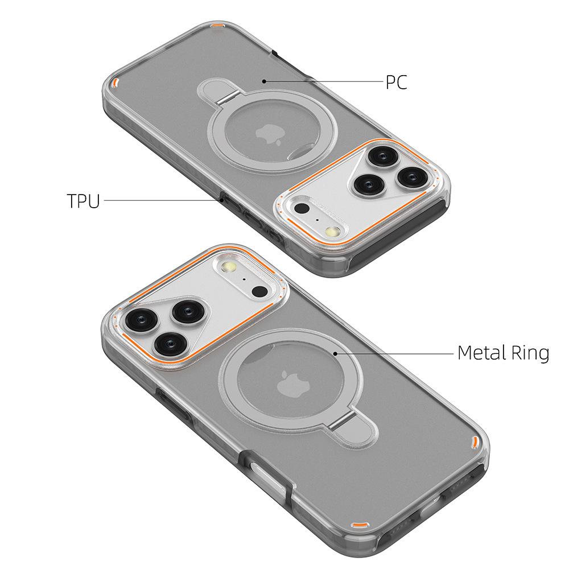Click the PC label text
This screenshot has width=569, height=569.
tap(397, 83)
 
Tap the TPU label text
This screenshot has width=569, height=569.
tap(83, 201)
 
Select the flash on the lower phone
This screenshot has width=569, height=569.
tap(230, 266)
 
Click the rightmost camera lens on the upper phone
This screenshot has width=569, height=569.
tap(410, 176)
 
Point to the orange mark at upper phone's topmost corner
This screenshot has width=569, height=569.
tap(217, 26)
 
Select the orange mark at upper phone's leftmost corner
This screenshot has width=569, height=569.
tap(116, 83)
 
